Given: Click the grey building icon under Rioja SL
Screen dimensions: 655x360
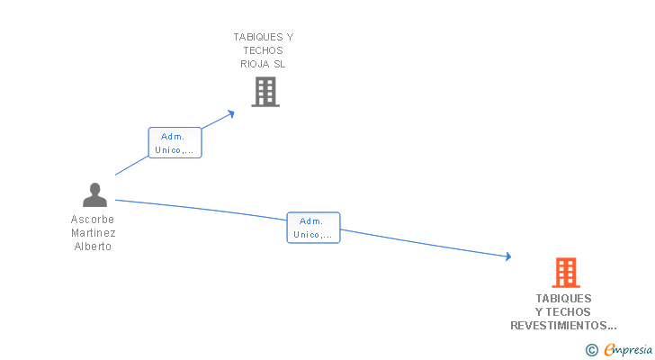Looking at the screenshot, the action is click(x=265, y=92).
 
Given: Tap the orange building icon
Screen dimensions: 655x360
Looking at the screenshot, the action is click(x=565, y=272).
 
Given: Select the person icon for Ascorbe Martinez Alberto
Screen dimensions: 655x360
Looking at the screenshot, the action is click(x=94, y=194).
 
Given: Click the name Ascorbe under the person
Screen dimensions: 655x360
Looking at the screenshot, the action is click(x=93, y=219).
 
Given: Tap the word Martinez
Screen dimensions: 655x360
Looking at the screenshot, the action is click(x=94, y=232).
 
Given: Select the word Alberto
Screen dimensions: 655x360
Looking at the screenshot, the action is click(x=93, y=247).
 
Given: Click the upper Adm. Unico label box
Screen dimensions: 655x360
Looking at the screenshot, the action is click(x=175, y=143).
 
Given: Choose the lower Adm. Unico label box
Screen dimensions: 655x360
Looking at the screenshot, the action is click(x=313, y=227).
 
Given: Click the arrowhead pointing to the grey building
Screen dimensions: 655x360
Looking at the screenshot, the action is click(x=231, y=112).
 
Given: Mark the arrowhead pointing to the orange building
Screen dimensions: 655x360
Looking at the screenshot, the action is click(x=508, y=257).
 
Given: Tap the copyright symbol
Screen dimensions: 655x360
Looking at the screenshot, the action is click(x=591, y=350).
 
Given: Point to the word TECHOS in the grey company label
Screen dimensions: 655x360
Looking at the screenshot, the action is click(x=263, y=50).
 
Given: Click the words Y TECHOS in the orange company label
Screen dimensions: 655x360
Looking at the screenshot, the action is click(x=564, y=311).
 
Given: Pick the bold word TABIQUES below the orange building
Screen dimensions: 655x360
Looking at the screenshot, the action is click(x=564, y=298).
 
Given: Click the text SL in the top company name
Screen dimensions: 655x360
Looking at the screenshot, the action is click(x=281, y=64).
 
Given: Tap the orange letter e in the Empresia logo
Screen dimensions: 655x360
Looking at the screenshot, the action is click(x=609, y=351).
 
